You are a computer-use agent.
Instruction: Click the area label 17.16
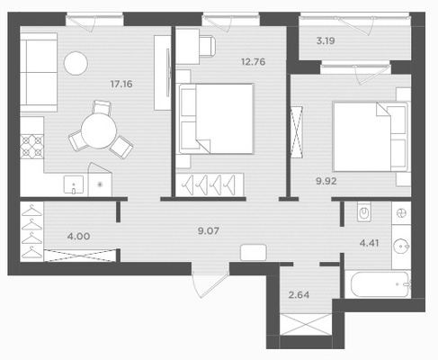coord(121,84)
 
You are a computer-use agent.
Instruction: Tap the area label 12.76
coord(254,62)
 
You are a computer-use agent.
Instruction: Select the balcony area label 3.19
coord(326,40)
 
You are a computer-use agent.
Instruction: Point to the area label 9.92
coord(326,181)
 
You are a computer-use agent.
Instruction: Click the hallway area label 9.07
coord(209,231)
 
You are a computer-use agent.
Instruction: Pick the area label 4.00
coord(78,236)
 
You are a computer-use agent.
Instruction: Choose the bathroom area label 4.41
coord(369,243)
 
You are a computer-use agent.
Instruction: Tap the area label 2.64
coord(299,295)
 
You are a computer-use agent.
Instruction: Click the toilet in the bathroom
coord(364,211)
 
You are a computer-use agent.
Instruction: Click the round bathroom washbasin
coord(401,246)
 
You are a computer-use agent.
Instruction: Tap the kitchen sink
coord(74,184)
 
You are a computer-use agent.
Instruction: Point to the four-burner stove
coord(31,146)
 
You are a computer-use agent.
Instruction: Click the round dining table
coord(99,130)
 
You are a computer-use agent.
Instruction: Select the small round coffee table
coord(76,63)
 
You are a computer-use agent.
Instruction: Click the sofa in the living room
coord(39,72)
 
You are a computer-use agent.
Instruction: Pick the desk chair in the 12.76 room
coord(208,46)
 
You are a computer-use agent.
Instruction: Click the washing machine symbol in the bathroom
coord(401,213)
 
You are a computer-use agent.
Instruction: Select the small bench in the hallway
coord(254,252)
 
